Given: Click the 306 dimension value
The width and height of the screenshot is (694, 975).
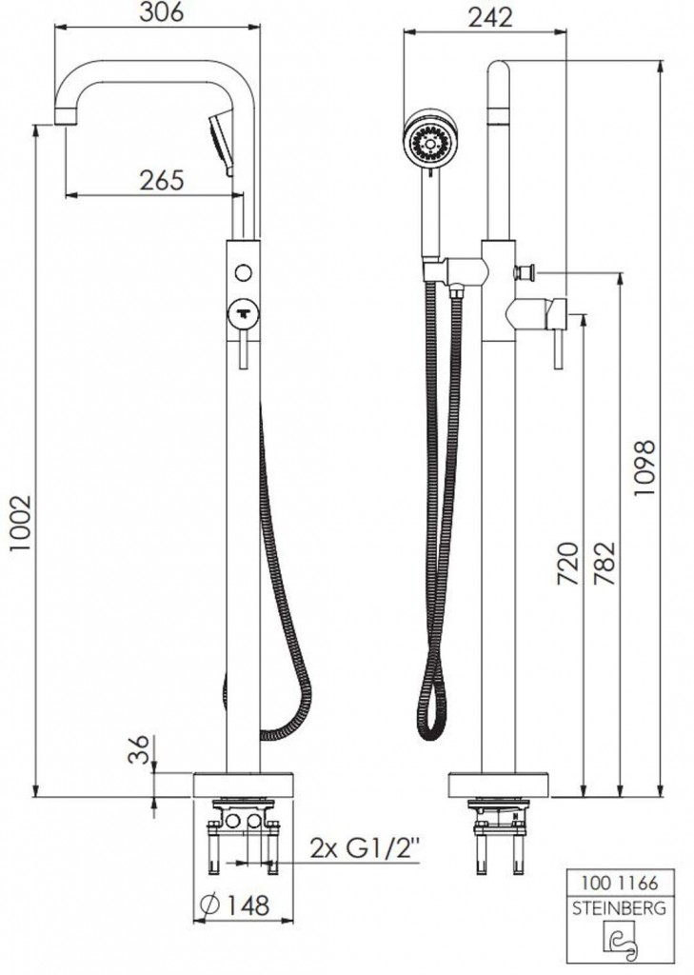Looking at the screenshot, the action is (x=161, y=11).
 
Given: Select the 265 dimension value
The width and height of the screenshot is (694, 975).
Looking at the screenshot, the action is (x=161, y=180).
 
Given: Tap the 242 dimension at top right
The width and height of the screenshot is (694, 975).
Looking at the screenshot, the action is (x=490, y=17).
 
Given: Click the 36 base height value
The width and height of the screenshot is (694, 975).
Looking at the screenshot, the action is (x=141, y=748).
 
